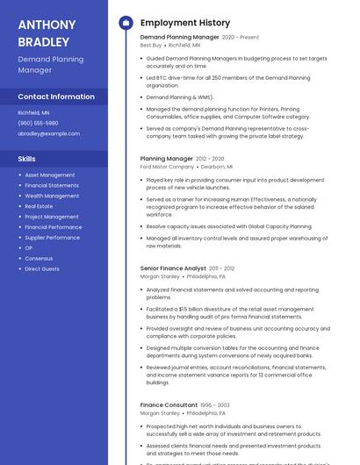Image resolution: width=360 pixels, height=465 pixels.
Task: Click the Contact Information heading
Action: coord(56,97)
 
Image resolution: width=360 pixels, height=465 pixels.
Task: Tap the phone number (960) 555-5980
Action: coord(39,123)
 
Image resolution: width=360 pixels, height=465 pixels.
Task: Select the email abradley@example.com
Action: coord(48,133)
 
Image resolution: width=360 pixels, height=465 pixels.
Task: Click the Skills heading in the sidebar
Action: coord(26,159)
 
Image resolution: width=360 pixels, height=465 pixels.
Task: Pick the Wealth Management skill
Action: coord(52,196)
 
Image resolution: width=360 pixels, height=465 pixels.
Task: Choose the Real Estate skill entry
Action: coord(39,206)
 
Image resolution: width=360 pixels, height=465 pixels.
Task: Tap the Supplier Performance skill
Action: coord(52,237)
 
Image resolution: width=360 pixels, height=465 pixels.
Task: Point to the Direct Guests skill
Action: coord(42,268)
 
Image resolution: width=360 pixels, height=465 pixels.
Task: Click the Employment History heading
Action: coord(185,23)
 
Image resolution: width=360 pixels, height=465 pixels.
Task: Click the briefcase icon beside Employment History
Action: coord(126,23)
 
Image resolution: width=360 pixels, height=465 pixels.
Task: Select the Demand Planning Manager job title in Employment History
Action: coord(179,38)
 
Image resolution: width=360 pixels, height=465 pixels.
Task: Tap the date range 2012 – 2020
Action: coord(210,159)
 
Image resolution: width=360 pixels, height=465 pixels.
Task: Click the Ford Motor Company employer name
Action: coord(167,166)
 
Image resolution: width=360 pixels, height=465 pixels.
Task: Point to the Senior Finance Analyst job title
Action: coord(173,268)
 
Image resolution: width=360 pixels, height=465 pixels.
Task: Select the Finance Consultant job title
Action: coord(169,405)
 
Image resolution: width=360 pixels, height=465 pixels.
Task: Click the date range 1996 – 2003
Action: coord(215,405)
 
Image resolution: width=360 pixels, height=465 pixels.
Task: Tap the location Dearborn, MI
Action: coord(217,166)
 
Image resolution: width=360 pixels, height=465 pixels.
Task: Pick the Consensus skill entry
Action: coord(39,258)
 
